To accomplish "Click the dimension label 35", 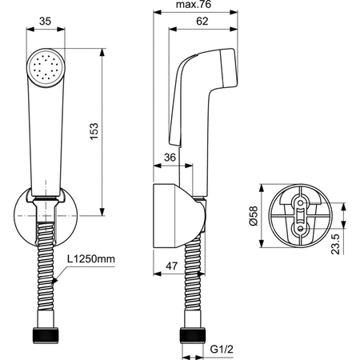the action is [45, 21].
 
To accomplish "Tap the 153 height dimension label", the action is [94, 131].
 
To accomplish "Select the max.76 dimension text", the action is [194, 4].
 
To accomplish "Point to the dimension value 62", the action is [202, 21].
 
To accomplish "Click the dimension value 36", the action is [170, 158].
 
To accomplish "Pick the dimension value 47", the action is [171, 266].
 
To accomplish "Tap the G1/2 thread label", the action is [222, 349].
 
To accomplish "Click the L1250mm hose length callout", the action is [91, 258].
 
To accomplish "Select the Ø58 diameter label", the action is [253, 216].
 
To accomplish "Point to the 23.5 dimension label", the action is [335, 244].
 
